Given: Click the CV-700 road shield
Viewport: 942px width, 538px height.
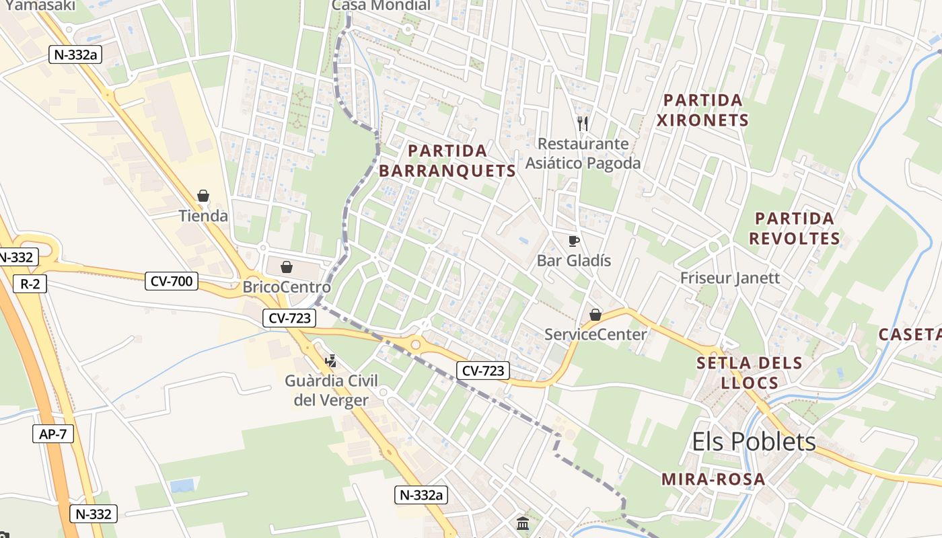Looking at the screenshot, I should [x=172, y=281].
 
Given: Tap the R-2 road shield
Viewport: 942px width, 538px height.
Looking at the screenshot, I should [x=30, y=284].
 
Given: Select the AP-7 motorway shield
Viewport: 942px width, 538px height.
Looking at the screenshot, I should [x=52, y=434].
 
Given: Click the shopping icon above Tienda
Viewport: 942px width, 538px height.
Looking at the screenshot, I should [x=203, y=196].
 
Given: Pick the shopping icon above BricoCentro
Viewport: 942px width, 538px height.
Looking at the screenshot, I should [x=287, y=267].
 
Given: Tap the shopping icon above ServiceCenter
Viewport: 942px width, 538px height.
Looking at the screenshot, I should [x=595, y=314].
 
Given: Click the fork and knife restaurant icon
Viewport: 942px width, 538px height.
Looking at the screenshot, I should [x=583, y=124].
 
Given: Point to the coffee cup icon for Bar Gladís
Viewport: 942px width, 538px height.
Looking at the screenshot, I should [x=574, y=241].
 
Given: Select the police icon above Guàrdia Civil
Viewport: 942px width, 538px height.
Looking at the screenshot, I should [x=330, y=361].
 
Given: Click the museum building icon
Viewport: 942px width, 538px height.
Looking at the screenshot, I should [x=523, y=523].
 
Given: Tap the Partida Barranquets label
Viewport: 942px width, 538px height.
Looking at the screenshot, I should [x=447, y=161].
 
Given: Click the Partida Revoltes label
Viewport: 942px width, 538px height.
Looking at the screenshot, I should [x=795, y=229].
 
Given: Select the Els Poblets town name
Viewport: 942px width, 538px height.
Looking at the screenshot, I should [x=754, y=442].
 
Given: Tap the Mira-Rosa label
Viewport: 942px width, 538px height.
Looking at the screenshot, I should [x=713, y=479].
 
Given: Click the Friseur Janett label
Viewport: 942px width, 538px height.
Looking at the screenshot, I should [x=730, y=278].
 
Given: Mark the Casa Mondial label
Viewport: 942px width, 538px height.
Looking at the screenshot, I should [x=382, y=5].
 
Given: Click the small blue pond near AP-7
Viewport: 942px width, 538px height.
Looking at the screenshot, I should [x=182, y=486].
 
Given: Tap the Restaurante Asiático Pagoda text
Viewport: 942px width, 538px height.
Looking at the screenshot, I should [x=583, y=153].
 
